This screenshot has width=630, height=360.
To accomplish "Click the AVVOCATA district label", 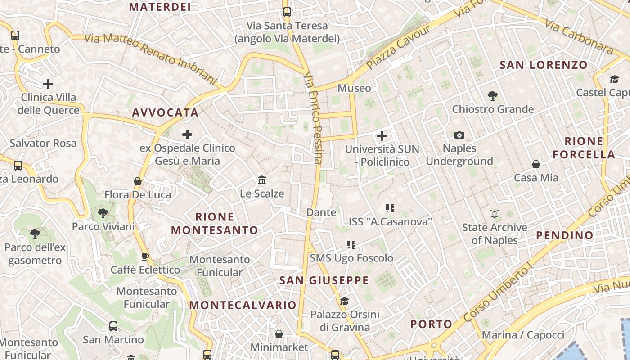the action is click(165, 112).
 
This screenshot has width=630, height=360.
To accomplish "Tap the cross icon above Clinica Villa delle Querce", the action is click(48, 84).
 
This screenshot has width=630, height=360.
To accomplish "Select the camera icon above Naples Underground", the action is click(459, 135).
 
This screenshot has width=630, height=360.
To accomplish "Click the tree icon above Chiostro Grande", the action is click(492, 95).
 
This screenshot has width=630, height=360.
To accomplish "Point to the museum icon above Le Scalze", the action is click(261, 180).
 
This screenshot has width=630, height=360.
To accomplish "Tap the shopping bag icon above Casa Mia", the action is click(535, 164).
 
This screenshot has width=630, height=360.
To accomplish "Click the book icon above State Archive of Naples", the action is click(494, 214).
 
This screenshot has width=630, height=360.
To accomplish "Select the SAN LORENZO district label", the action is click(544, 65).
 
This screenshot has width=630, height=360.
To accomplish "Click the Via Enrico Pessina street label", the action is click(313, 118).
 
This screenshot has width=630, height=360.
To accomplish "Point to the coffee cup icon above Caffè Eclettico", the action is click(145, 257).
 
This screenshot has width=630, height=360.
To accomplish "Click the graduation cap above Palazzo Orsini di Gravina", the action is click(344, 301).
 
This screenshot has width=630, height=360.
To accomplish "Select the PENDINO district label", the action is click(565, 235).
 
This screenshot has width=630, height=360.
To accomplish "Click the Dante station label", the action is click(321, 212).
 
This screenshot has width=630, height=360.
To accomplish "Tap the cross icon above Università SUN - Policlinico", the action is click(382, 135).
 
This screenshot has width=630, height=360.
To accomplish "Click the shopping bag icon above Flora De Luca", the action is click(138, 181).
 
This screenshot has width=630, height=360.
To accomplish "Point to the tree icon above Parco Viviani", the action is click(103, 213).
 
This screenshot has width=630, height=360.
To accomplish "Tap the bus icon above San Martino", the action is click(113, 326).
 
